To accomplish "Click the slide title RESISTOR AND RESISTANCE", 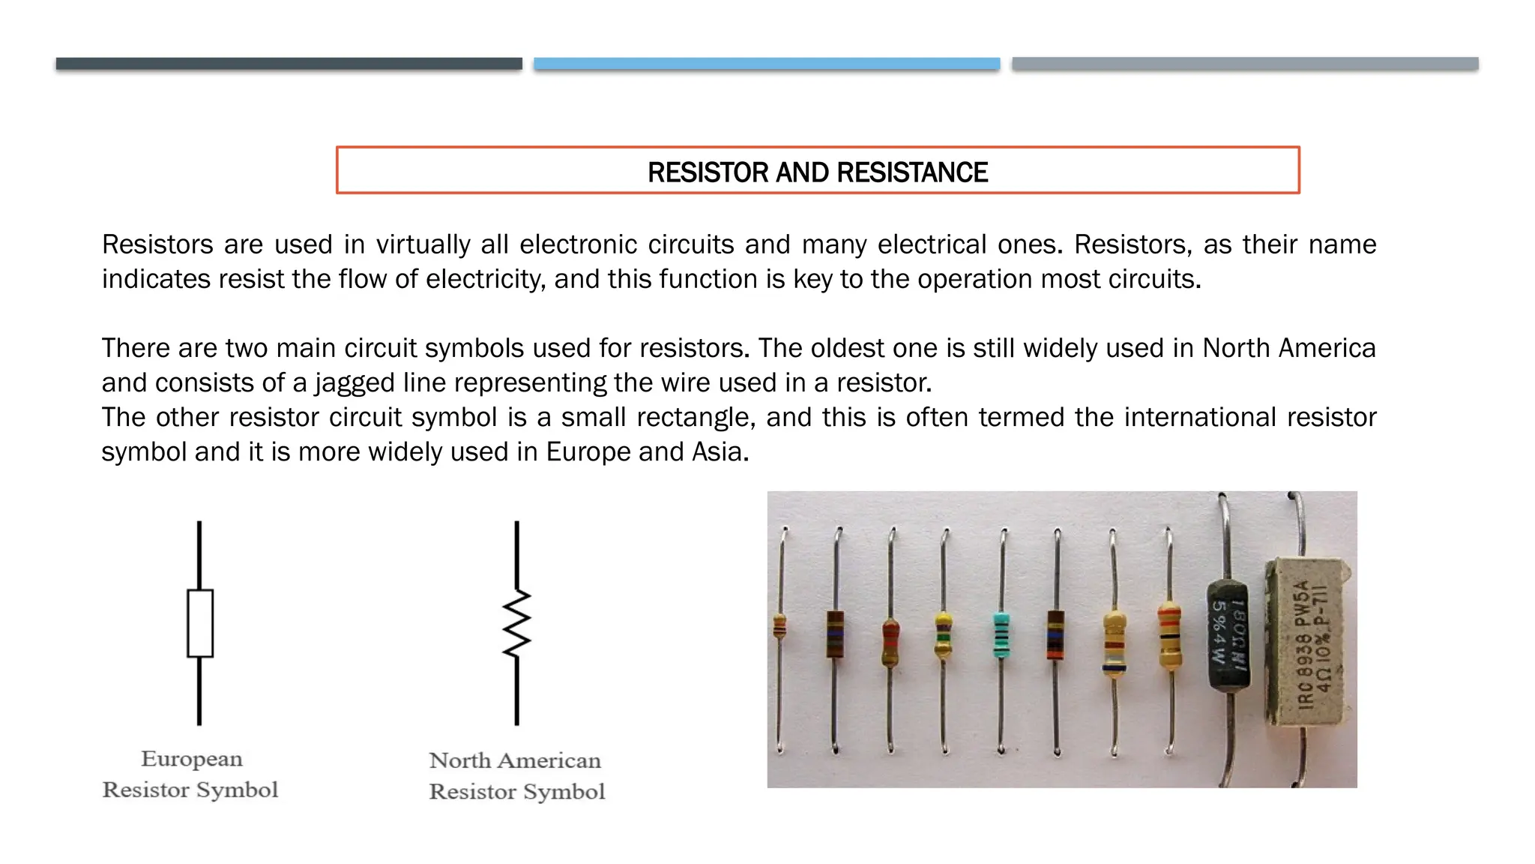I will point(817,172).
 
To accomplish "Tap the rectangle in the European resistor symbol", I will point(199,623).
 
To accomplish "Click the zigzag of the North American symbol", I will point(516,622).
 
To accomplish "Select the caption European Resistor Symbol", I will point(190,774).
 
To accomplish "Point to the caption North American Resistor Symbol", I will point(516,775).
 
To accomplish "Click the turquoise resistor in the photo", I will point(1001,636).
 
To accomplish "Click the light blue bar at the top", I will point(766,64).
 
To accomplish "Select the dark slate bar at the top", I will point(289,64).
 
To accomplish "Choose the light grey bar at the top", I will point(1244,64).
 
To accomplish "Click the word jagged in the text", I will point(355,383).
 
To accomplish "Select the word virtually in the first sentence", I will point(423,244).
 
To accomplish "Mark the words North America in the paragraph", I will point(1288,348).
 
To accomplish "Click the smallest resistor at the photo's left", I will point(779,626).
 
